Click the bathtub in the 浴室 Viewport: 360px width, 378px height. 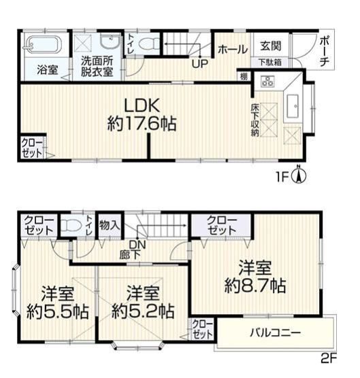[x=42, y=45]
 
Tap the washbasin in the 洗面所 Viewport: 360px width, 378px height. [x=110, y=42]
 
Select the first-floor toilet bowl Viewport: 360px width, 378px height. [x=146, y=45]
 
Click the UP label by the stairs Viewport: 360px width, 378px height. [x=200, y=64]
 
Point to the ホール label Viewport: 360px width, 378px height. [x=233, y=50]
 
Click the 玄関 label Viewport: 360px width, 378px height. [x=271, y=46]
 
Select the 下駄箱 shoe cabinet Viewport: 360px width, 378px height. [x=270, y=63]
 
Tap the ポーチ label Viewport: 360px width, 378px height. [x=325, y=51]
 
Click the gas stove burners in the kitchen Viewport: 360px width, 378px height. [x=267, y=81]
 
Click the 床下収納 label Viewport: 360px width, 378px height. [x=255, y=120]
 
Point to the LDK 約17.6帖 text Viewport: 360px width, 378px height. [x=142, y=114]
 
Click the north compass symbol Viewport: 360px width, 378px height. [x=299, y=175]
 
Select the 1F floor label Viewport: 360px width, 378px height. [x=282, y=177]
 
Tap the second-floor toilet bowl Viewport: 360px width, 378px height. [x=71, y=226]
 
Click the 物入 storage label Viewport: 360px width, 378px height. [x=110, y=225]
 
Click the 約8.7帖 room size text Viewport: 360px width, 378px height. [x=255, y=286]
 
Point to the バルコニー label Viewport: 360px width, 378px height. [x=276, y=333]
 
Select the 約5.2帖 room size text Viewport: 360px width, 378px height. [x=143, y=311]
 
